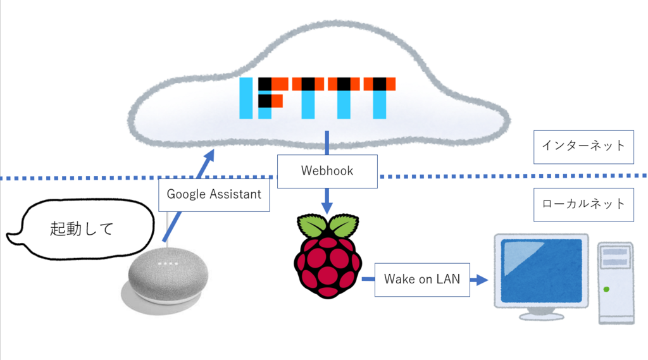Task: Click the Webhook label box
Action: pos(327,171)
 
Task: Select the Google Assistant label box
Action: pos(214,194)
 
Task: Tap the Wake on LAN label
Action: pos(422,280)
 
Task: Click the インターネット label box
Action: pos(583,146)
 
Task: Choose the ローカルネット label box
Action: pos(583,204)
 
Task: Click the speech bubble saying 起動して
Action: pos(81,229)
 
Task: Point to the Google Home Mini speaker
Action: pos(166,282)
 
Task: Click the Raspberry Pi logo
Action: pos(327,256)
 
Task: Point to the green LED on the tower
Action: pos(606,290)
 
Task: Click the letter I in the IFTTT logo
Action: pos(247,98)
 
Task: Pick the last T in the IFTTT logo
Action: pos(379,98)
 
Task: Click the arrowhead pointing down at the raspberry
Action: pos(327,208)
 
